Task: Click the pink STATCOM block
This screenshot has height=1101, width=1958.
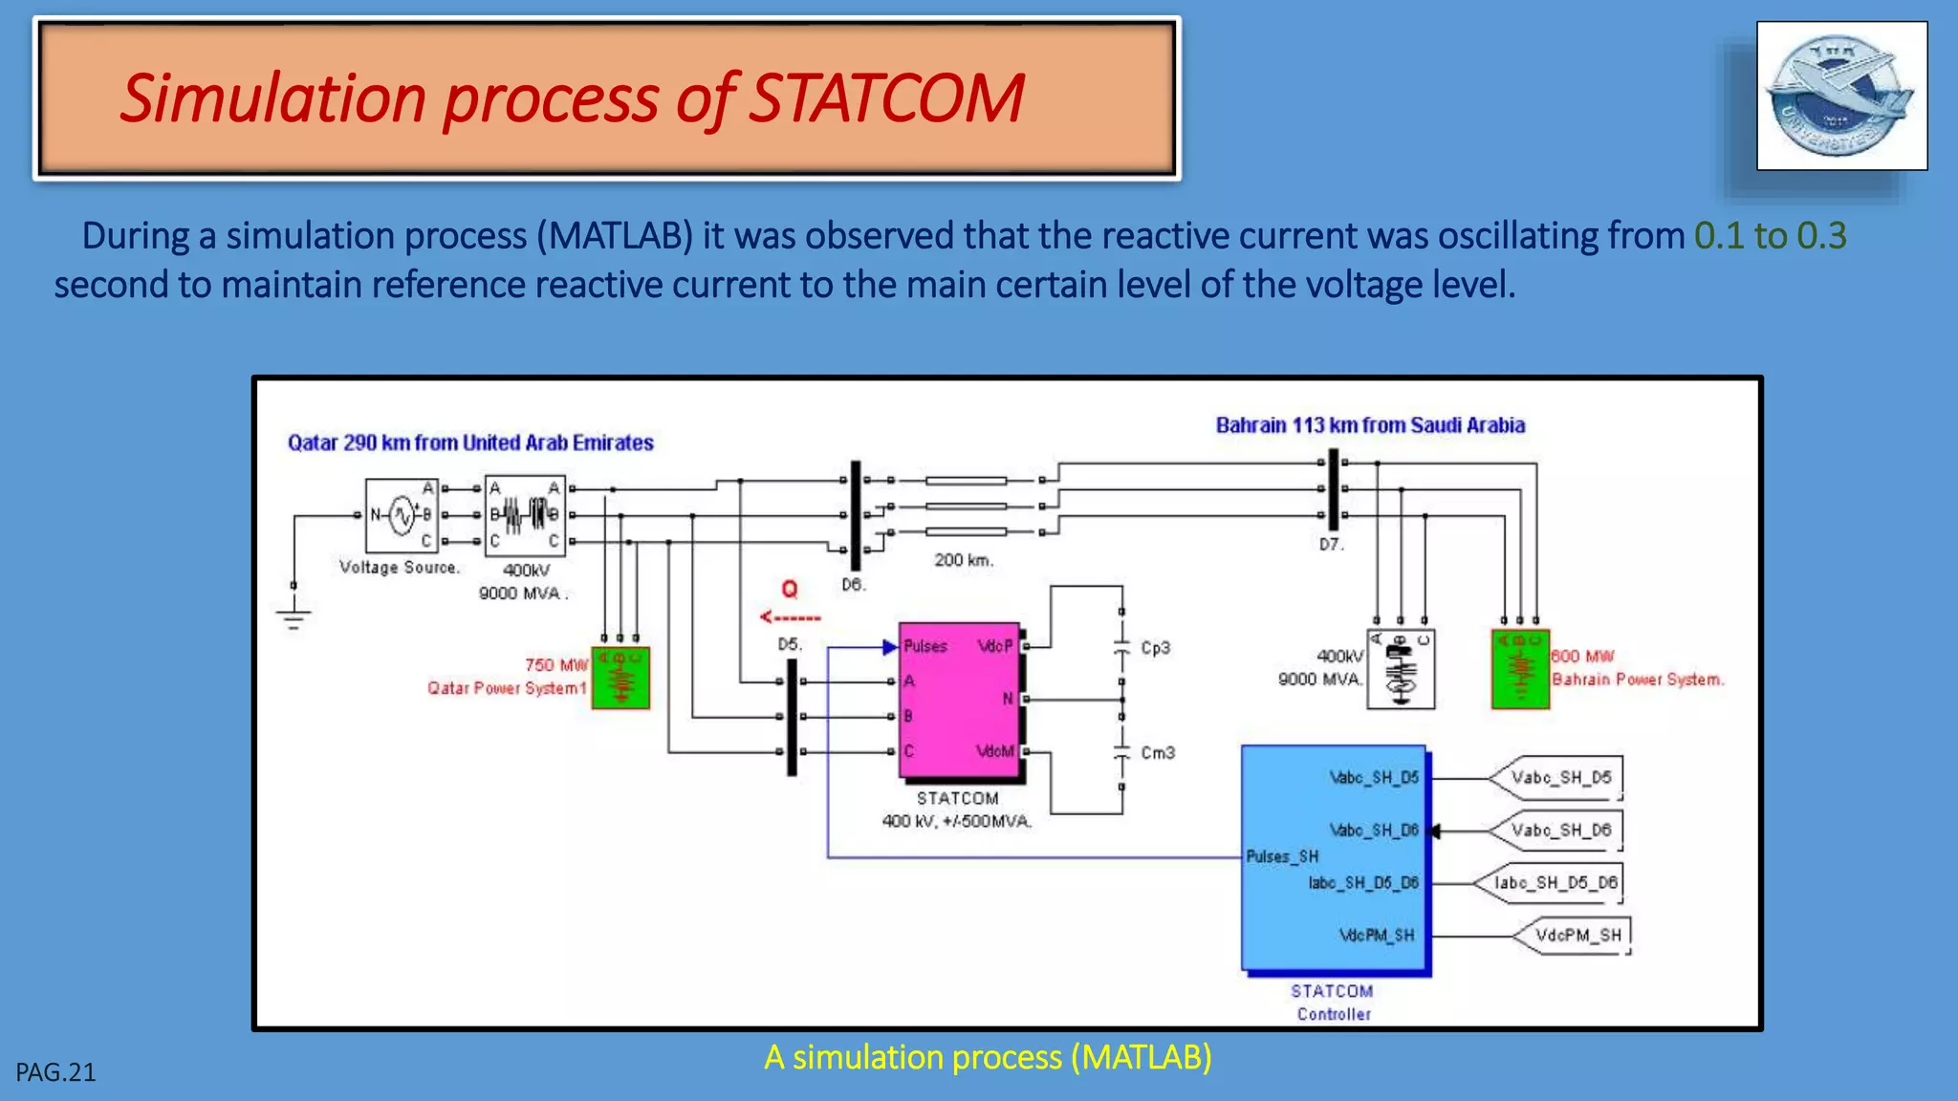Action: pos(959,701)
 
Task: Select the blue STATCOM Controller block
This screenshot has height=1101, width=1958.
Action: pos(1336,858)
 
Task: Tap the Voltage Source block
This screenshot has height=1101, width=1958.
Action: pos(402,516)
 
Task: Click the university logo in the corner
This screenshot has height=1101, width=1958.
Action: pos(1841,96)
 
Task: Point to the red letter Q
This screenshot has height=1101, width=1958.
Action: pos(790,589)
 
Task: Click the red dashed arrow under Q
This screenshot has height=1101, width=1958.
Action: pos(790,617)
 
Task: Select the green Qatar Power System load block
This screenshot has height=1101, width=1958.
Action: pos(620,678)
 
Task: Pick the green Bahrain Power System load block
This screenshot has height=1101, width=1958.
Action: pos(1520,669)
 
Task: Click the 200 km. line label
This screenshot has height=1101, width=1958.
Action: pos(964,560)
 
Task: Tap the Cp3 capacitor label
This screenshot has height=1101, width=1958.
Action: pos(1155,648)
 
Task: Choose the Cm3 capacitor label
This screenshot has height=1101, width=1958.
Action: pos(1157,753)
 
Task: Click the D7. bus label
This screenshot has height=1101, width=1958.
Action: pos(1332,545)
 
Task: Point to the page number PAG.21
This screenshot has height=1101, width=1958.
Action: pos(55,1072)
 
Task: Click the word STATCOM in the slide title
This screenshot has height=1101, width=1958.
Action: pos(885,98)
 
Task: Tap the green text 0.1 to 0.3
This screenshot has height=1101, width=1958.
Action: pos(1770,236)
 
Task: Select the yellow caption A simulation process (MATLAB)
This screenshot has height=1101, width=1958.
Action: pos(988,1057)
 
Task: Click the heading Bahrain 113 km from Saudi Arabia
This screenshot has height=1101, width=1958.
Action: pos(1369,425)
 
